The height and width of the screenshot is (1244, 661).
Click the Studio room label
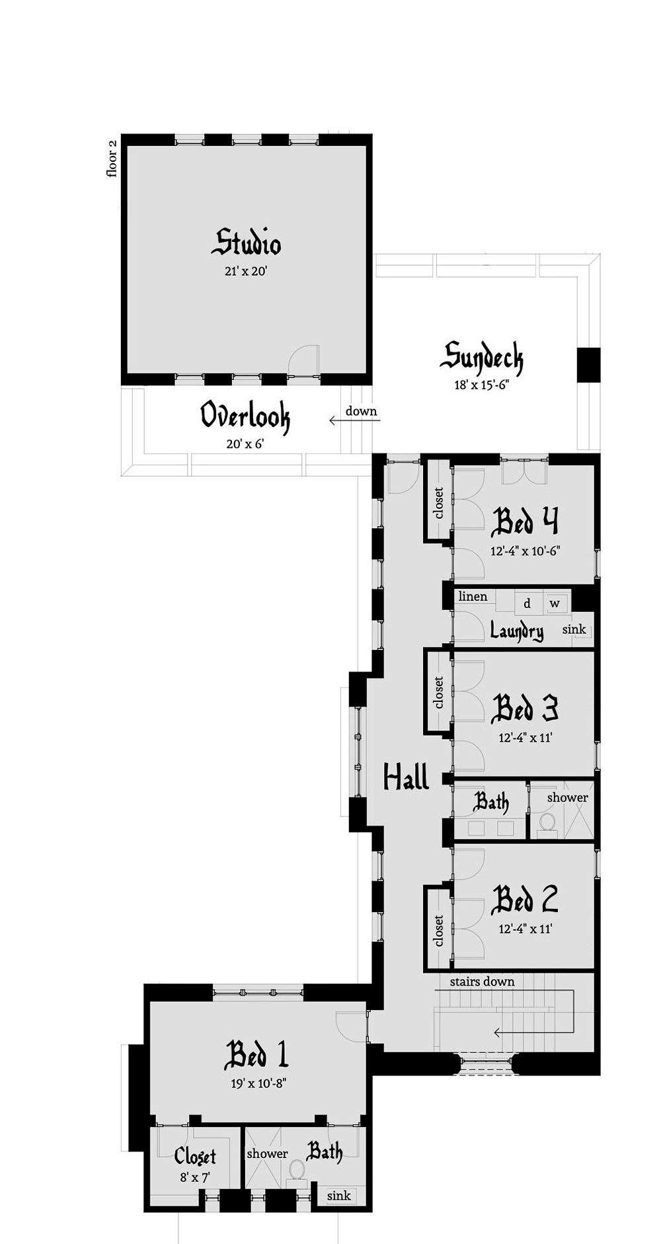(247, 243)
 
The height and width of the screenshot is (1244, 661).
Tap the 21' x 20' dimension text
(245, 270)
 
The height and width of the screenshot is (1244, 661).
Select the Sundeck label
(481, 358)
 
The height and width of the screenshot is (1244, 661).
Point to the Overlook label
(245, 416)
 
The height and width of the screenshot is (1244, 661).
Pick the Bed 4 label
(525, 522)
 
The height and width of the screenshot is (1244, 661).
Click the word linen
(473, 596)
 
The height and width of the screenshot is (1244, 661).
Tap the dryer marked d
(527, 603)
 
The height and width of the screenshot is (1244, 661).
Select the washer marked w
(555, 603)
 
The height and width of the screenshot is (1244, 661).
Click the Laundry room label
(517, 631)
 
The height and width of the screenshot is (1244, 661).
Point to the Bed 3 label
(525, 709)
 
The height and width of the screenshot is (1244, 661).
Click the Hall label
(407, 777)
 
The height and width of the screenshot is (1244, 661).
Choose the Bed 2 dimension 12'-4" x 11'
(525, 929)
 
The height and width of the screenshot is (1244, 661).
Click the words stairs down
(482, 982)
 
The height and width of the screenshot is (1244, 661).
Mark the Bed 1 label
(256, 1055)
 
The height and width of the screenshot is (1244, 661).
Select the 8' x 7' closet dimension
(195, 1177)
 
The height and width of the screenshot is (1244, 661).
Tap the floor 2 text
(112, 158)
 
